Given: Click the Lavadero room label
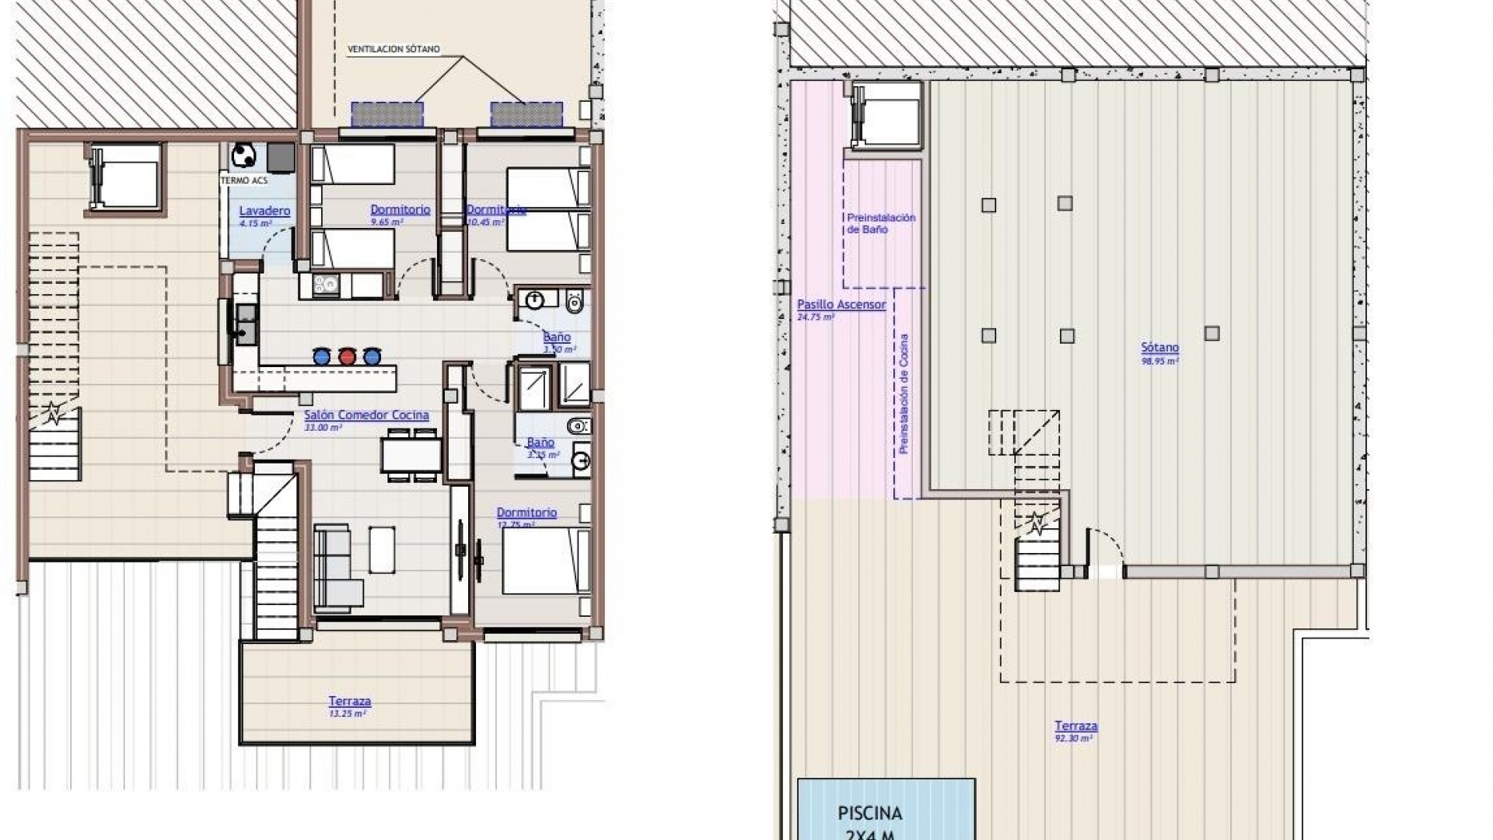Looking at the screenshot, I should point(264,211).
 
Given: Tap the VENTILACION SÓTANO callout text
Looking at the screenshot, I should point(393,49).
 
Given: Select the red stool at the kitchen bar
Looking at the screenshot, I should point(347,357).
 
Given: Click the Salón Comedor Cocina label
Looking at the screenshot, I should point(366,415).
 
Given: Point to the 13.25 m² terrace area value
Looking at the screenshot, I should point(348,712).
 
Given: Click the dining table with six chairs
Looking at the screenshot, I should point(411,455).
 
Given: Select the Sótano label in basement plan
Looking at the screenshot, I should point(1159,348).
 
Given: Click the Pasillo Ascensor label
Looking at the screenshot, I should point(841,305).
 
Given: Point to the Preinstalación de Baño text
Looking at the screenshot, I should point(881,223).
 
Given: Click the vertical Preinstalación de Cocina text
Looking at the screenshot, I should point(904,394).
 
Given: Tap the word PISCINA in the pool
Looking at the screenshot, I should point(869,814).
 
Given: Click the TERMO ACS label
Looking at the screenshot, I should point(243,180).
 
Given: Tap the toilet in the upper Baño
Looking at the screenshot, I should point(575,301).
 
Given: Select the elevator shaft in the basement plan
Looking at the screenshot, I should point(887,115).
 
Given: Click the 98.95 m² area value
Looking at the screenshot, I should point(1159,361).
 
